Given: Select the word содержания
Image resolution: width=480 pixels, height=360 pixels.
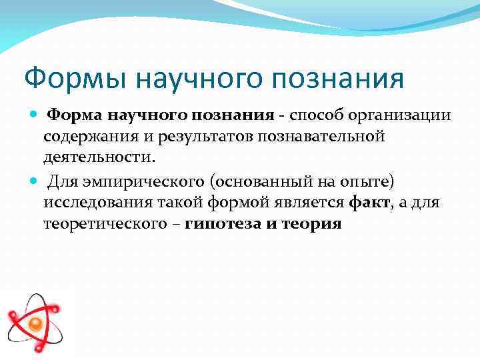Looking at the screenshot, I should (87, 137).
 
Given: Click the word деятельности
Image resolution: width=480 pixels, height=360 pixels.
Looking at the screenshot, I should (98, 158).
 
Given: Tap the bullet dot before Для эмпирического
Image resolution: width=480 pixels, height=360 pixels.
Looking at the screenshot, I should (34, 181).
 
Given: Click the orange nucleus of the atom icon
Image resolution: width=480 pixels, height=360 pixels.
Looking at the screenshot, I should (36, 325).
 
